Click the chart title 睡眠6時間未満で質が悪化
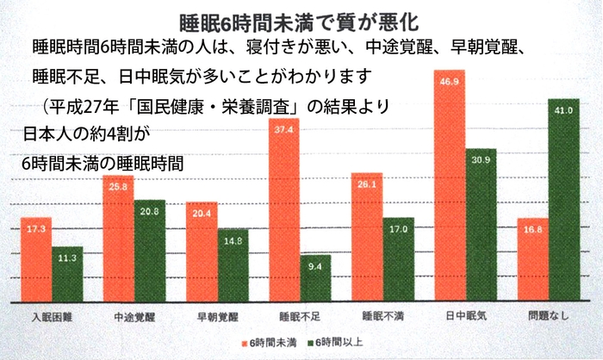301,19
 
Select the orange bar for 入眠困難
36,258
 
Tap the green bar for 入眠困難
67,274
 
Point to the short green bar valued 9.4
316,277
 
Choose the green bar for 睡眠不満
399,258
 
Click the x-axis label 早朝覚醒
214,315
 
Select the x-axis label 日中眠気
467,315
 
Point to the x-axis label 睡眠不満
382,315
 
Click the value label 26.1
368,184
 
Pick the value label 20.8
149,212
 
